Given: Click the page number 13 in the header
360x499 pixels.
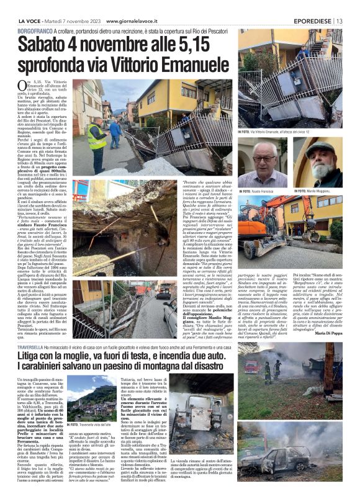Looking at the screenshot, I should click(x=340, y=20).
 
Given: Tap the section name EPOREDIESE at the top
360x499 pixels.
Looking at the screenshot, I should click(x=312, y=20).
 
